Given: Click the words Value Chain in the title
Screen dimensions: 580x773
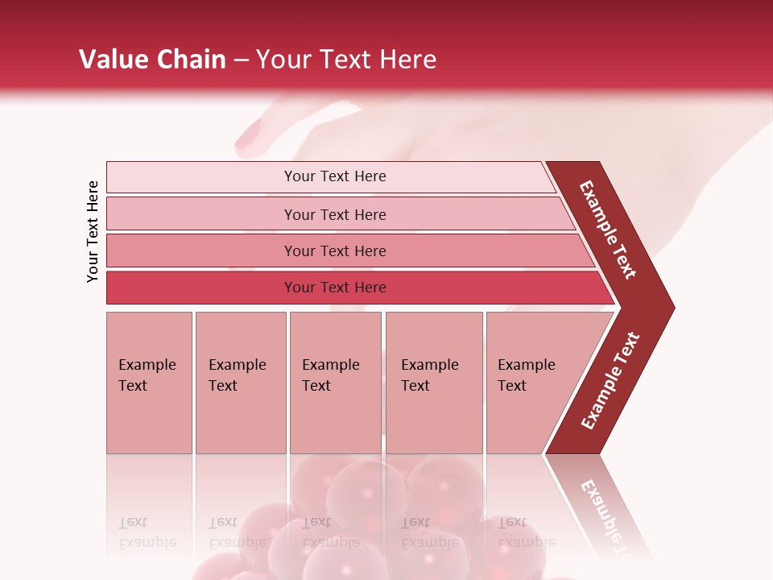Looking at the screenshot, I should [152, 60].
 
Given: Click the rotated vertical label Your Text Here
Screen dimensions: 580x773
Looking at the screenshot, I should [93, 231].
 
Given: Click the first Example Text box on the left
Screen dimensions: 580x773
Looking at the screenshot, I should [149, 383].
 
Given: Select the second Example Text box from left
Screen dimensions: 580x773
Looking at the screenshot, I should [240, 383].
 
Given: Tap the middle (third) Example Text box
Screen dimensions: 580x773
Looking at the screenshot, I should [335, 383].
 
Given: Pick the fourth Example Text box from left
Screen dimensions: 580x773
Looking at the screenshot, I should [433, 383].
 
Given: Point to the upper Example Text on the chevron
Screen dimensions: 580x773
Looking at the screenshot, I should [608, 230].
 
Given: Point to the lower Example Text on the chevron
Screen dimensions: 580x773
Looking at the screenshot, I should [610, 380].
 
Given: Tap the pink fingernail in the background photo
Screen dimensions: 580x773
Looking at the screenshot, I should [247, 136].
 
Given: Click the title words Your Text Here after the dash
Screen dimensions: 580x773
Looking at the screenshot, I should [346, 60].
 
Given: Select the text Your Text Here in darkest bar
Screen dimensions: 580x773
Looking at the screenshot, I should [335, 288].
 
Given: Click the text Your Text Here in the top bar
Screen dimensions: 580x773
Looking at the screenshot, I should [335, 176].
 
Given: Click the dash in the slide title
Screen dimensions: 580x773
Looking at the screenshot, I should [241, 60].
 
